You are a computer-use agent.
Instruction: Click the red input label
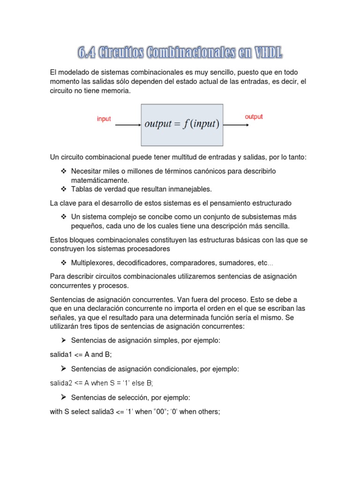click(104, 119)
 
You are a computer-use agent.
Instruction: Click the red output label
click(254, 117)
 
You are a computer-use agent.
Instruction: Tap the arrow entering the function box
click(128, 125)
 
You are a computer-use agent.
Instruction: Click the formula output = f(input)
click(182, 125)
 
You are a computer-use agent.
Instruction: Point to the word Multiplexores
click(93, 262)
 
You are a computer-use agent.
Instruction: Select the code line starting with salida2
click(102, 383)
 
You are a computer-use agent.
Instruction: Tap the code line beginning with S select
click(135, 412)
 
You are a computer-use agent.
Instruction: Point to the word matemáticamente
click(99, 180)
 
